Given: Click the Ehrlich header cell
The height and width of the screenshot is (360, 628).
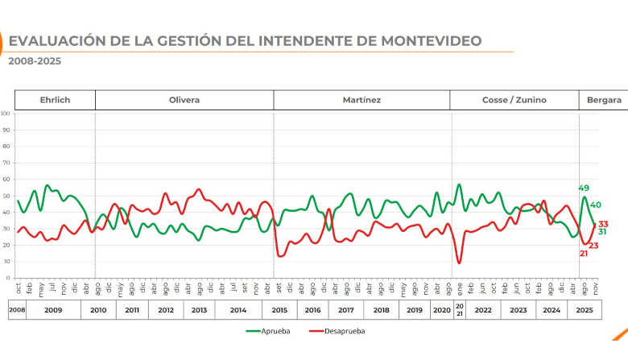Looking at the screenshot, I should click(x=55, y=100).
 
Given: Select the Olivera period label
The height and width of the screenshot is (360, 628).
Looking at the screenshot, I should click(x=184, y=100).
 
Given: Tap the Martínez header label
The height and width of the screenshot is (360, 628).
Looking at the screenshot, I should click(x=361, y=100).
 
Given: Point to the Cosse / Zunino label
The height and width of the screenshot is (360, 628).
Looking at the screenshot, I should click(x=514, y=100).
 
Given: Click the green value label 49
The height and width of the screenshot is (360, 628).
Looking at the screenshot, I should click(x=585, y=188).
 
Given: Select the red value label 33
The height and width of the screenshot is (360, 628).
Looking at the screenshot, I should click(x=603, y=224).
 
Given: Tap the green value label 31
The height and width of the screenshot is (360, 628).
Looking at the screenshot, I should click(x=602, y=232).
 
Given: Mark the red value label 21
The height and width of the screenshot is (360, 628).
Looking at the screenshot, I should click(x=585, y=254).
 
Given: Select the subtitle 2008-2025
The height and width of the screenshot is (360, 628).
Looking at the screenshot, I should click(x=35, y=60).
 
